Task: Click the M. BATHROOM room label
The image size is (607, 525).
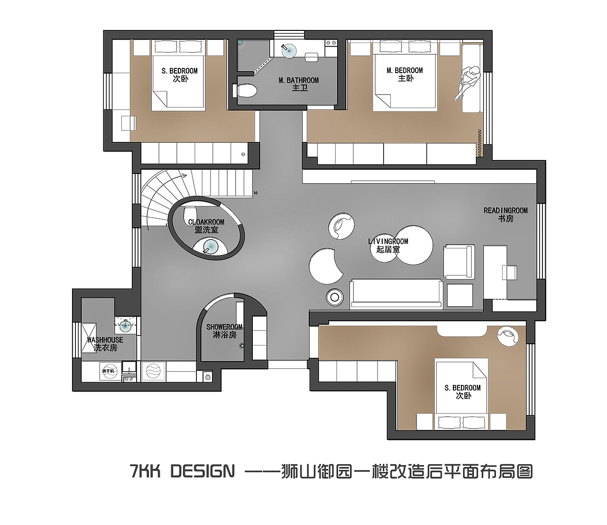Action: [x=299, y=84]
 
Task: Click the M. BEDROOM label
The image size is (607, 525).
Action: [x=405, y=74]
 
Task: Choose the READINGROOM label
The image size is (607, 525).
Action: [x=506, y=214]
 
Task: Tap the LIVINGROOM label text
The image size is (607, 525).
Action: [x=388, y=245]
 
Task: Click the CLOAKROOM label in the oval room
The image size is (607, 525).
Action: [x=206, y=225]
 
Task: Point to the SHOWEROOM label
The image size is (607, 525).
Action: [x=224, y=331]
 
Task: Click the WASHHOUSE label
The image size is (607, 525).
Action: [x=105, y=344]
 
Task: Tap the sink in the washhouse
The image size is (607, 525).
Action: [x=126, y=326]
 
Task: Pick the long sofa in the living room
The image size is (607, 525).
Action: [x=396, y=294]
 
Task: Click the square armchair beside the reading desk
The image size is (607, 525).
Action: [x=459, y=261]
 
